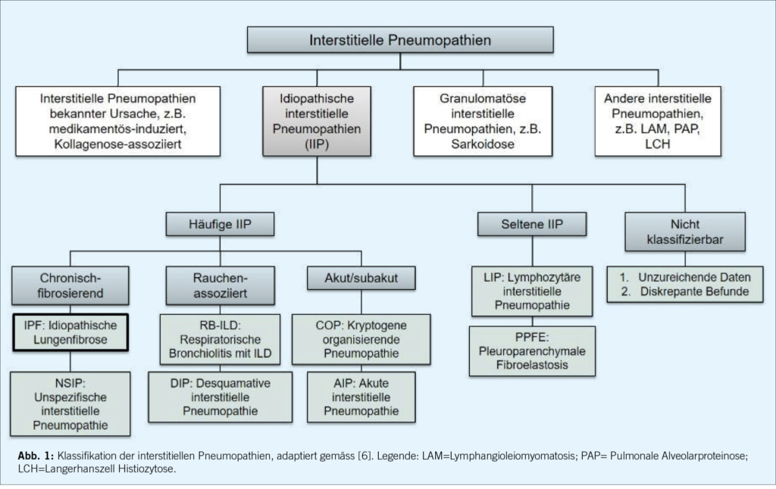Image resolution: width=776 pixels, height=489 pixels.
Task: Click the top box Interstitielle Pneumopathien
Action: pyautogui.click(x=400, y=39)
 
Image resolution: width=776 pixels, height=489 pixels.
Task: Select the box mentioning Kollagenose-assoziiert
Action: pyautogui.click(x=118, y=121)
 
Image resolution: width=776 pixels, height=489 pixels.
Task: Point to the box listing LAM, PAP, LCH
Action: pyautogui.click(x=658, y=121)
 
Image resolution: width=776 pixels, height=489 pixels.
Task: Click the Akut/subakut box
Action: pyautogui.click(x=362, y=279)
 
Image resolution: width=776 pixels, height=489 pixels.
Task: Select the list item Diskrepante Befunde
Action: pyautogui.click(x=690, y=290)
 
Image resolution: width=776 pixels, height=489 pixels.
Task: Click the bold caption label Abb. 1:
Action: pyautogui.click(x=36, y=456)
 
